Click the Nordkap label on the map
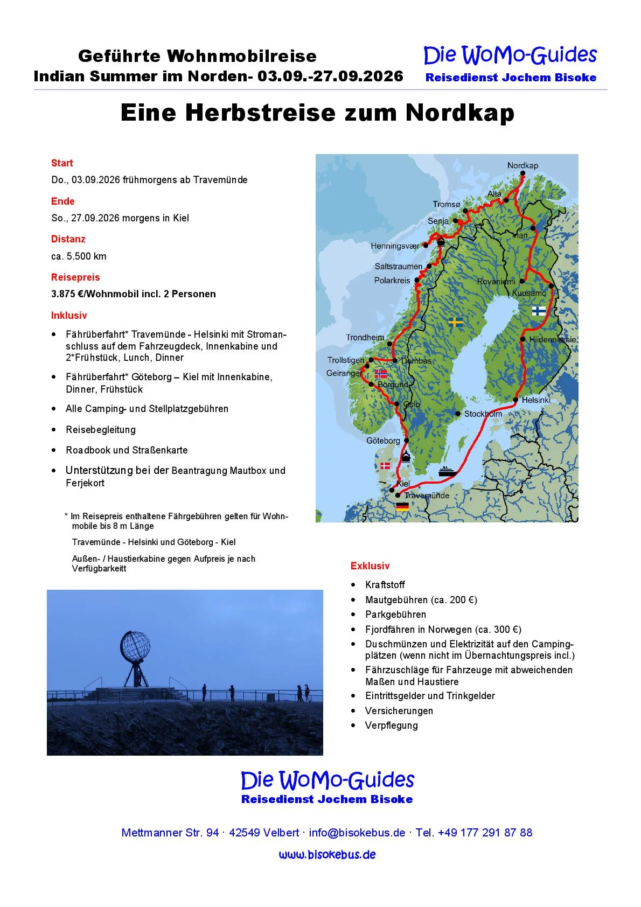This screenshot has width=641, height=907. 522,165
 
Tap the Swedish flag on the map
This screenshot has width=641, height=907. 456,322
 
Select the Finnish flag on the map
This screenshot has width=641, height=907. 538,311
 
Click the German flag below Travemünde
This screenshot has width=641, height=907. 402,506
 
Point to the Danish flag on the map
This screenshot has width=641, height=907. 385,465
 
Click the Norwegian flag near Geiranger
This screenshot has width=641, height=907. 380,373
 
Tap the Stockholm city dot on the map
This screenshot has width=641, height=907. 458,414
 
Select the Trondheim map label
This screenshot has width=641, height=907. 365,338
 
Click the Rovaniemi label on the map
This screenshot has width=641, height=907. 496,282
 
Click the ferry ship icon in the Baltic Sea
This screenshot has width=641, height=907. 448,471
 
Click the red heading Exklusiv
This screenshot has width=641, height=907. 370,566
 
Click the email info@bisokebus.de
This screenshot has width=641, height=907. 357,833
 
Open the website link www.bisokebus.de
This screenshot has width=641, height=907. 327,855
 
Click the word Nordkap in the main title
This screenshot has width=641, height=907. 459,113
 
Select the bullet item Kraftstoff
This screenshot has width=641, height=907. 385,585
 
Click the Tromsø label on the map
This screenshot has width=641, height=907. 447,204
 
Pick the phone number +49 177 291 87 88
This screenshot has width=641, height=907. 485,833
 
